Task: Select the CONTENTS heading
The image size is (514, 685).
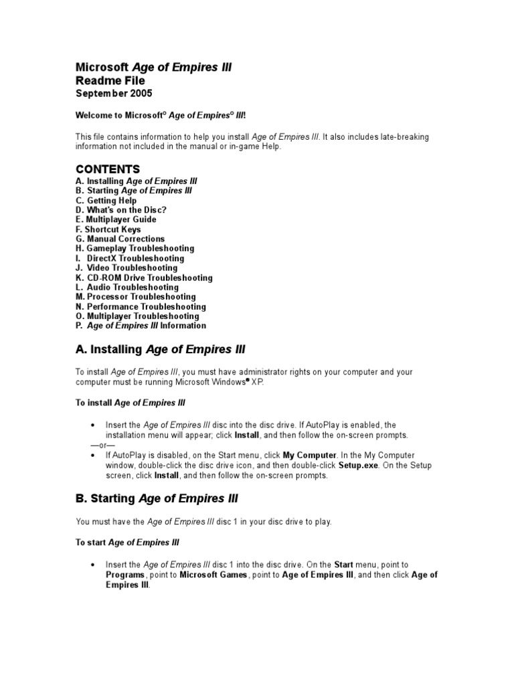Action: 108,169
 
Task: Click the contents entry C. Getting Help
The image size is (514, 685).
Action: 106,200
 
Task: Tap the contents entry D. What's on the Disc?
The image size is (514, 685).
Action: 121,210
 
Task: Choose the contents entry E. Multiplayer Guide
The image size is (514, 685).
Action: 116,219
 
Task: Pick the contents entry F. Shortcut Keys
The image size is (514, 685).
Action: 108,229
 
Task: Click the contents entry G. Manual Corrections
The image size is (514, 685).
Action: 120,239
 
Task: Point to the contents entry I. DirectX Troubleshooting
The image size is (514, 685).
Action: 130,258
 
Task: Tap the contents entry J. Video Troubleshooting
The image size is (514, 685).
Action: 126,268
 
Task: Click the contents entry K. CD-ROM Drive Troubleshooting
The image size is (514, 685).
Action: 144,278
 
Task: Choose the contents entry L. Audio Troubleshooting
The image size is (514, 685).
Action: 127,287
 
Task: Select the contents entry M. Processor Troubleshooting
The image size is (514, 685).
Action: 136,296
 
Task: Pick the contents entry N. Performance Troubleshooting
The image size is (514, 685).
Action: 141,306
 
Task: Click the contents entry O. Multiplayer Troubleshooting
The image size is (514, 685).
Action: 137,316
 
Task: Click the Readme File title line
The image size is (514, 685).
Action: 110,80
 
